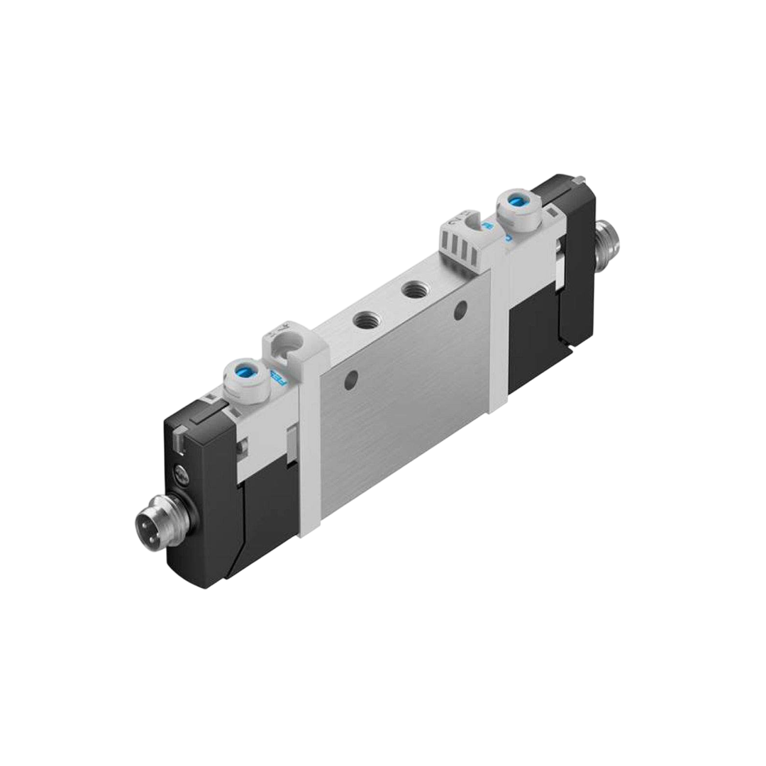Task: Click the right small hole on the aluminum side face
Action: click(461, 309)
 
